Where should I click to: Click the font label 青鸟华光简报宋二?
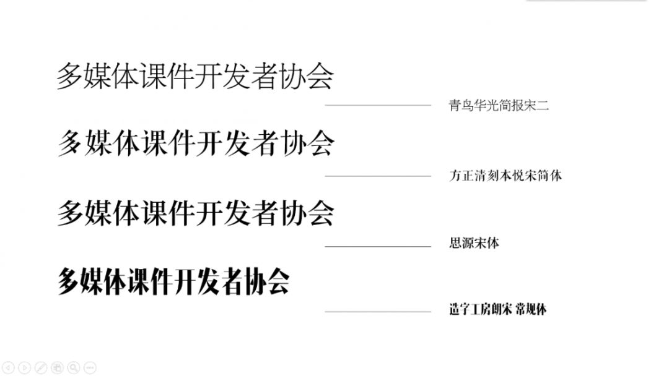click(x=499, y=106)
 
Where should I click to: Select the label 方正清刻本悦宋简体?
click(x=505, y=176)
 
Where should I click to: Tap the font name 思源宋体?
click(x=474, y=243)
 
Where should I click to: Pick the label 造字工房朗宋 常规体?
click(x=498, y=309)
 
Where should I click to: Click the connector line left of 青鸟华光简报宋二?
click(x=378, y=106)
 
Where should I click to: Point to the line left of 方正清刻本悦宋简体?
click(x=378, y=176)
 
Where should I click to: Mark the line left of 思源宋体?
click(x=378, y=246)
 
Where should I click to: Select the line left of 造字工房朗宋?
click(x=378, y=312)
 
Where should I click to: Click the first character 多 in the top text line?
click(x=71, y=77)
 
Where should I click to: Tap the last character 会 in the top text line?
click(x=320, y=77)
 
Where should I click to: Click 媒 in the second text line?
click(x=98, y=143)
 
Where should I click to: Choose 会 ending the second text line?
click(x=320, y=143)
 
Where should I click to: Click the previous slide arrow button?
click(x=8, y=367)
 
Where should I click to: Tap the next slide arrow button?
click(x=24, y=367)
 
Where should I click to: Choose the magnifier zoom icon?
click(x=73, y=367)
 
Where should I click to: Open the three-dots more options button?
click(x=89, y=367)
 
